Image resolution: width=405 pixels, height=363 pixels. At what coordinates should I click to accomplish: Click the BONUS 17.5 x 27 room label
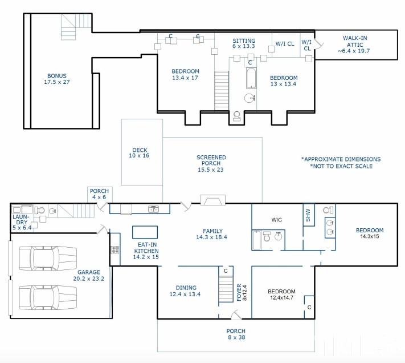(56, 79)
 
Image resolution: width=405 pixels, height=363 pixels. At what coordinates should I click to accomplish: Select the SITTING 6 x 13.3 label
(244, 44)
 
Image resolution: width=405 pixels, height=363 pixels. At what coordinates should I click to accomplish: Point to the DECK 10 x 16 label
(140, 152)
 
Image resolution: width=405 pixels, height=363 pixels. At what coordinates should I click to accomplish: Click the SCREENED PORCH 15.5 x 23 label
(211, 164)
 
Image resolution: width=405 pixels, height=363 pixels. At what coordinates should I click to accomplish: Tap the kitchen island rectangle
(145, 232)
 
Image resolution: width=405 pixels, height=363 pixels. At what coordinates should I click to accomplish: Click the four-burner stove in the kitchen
(114, 249)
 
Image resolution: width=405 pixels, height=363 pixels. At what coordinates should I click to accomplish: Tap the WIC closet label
(277, 220)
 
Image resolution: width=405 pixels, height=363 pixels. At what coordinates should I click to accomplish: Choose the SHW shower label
(308, 216)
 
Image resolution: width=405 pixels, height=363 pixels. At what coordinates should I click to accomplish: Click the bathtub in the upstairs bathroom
(252, 78)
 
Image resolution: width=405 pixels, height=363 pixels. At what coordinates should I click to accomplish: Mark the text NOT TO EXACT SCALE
(341, 166)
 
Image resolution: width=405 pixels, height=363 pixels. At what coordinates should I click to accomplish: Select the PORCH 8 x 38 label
(236, 334)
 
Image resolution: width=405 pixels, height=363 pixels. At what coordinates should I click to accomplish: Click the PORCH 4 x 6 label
(99, 194)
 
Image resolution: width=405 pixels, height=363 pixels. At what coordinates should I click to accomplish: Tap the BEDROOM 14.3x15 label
(370, 234)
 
